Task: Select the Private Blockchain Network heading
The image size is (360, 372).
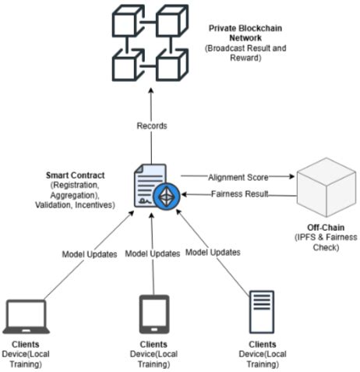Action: (x=246, y=34)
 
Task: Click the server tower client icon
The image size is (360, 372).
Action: (x=260, y=314)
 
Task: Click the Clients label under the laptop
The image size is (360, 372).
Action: (x=27, y=343)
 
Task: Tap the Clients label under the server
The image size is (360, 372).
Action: (x=260, y=343)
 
